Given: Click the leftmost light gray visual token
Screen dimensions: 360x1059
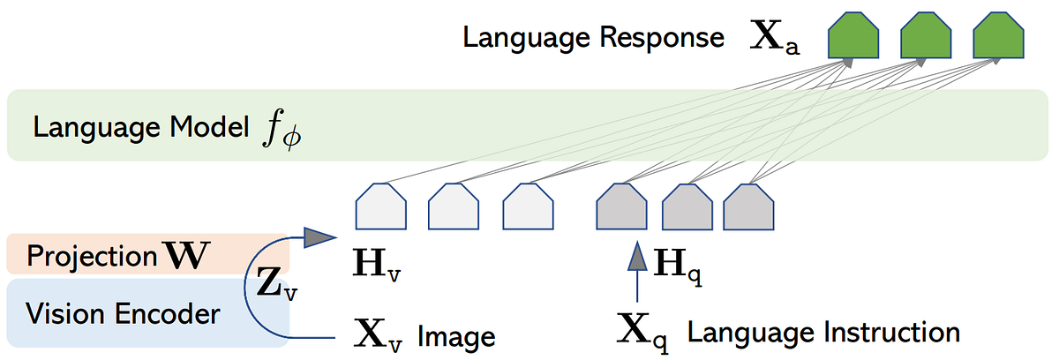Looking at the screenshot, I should click(380, 208).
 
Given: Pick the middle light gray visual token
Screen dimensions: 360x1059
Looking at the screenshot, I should click(454, 208).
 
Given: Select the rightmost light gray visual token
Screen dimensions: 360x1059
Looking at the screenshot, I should click(528, 208).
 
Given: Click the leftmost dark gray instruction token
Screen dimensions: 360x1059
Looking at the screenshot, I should click(622, 208).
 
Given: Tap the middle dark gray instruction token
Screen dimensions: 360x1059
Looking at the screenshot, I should click(687, 208).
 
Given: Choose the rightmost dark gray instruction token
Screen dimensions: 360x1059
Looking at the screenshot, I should click(748, 208).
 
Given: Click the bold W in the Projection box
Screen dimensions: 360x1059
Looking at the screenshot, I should click(188, 257).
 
